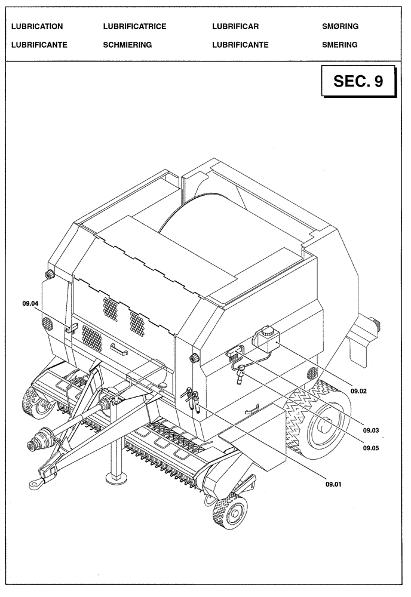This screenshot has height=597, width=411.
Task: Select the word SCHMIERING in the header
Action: click(x=127, y=45)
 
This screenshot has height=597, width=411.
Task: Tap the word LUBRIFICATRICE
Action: click(x=134, y=27)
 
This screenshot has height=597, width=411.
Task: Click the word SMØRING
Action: click(x=340, y=27)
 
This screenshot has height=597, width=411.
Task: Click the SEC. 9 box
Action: click(x=358, y=82)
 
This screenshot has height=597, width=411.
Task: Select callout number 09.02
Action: click(x=359, y=391)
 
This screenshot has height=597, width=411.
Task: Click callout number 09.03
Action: click(x=372, y=430)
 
